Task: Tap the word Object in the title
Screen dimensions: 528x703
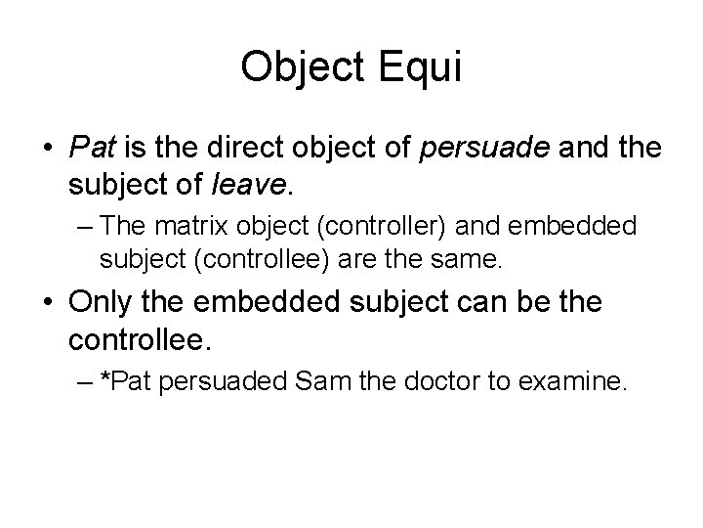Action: (x=298, y=66)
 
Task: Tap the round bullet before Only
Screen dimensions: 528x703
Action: (x=45, y=303)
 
